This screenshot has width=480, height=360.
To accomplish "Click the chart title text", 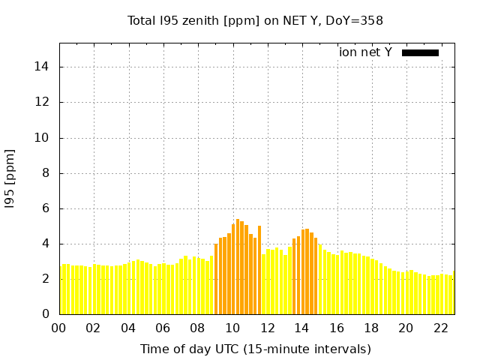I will click(x=255, y=20).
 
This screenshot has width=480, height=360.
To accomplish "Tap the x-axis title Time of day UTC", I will click(x=255, y=349).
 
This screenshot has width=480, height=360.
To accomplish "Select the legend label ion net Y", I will click(x=365, y=52).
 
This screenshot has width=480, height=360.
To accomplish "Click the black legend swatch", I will click(x=420, y=52).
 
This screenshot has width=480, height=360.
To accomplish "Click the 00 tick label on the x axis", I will click(x=58, y=328).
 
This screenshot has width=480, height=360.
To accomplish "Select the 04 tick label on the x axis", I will click(x=128, y=328).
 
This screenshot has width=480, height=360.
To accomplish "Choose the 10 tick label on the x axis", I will click(x=232, y=328).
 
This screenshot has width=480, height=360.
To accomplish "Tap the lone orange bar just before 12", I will click(x=259, y=270).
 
